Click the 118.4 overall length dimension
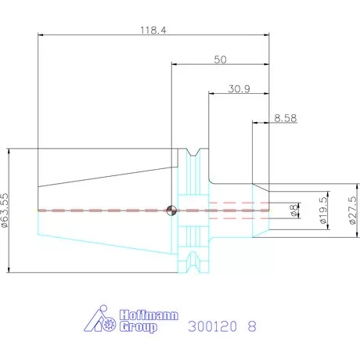(153, 31)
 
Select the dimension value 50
(220, 59)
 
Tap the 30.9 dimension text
(239, 89)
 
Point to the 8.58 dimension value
(286, 118)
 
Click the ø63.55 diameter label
(5, 211)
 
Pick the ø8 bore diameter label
(294, 211)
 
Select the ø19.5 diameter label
(323, 211)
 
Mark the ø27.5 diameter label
(352, 211)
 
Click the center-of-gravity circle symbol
(171, 211)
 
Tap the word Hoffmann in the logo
(149, 315)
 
